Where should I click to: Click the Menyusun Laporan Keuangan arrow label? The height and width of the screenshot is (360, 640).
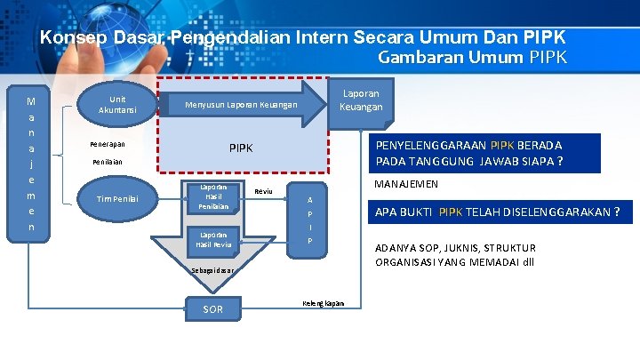[x=241, y=106]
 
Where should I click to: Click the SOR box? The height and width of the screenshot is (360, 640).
[x=213, y=309]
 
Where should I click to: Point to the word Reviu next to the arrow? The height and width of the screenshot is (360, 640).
[x=263, y=191]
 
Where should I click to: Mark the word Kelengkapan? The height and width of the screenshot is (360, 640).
[x=324, y=303]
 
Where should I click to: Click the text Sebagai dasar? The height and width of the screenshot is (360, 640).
[x=213, y=269]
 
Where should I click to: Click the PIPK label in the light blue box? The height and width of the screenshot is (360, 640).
[x=241, y=147]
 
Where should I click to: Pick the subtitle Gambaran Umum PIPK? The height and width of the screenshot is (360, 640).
[x=472, y=59]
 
